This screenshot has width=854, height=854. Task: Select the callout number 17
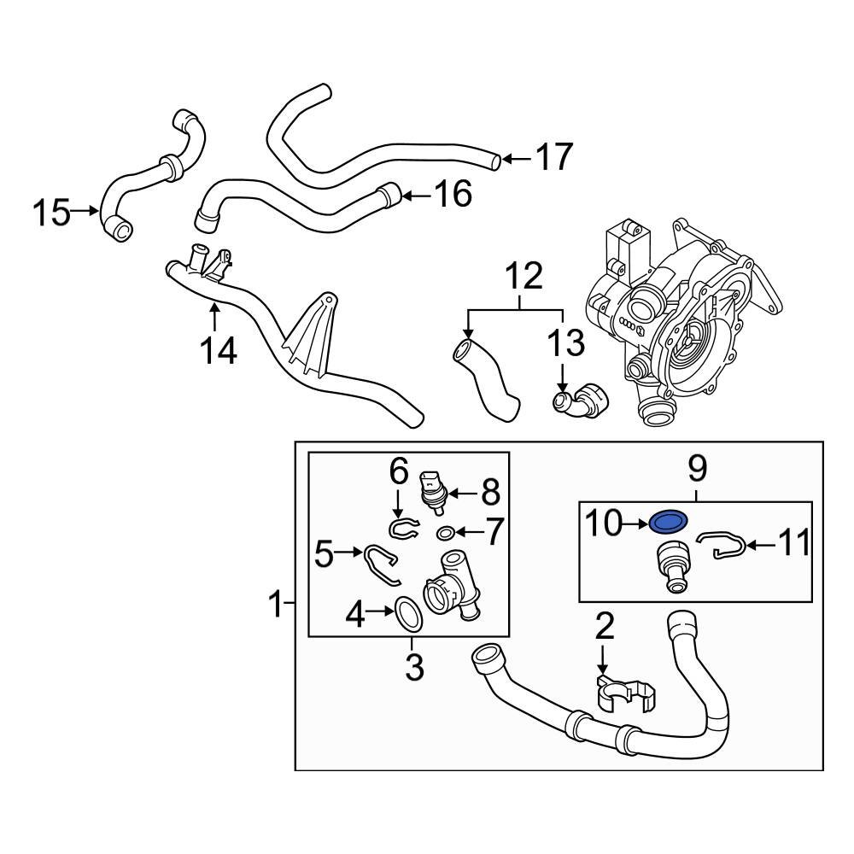coord(554,157)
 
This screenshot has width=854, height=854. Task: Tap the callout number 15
coord(52,213)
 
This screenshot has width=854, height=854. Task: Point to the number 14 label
coord(219,350)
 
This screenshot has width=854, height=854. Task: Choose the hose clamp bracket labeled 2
coord(626,693)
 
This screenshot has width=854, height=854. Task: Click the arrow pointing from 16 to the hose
coord(418,195)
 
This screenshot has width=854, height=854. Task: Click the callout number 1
coord(278,603)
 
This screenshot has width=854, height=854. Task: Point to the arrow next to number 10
coord(635,524)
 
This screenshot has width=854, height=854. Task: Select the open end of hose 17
coord(494,161)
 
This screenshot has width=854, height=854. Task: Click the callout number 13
coord(566,343)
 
